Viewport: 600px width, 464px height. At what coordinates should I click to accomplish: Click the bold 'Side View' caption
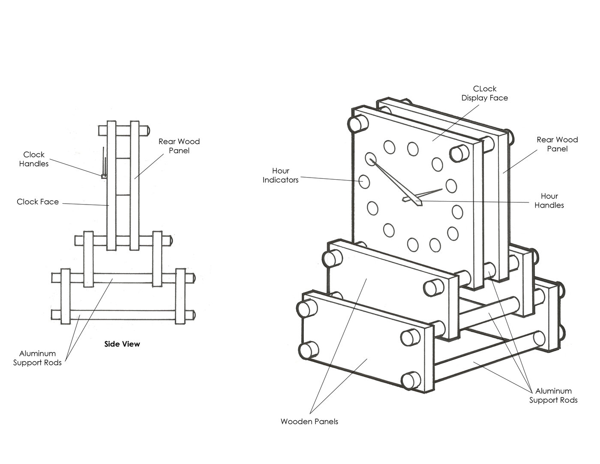122,344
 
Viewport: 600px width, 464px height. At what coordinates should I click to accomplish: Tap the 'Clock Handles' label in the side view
34,159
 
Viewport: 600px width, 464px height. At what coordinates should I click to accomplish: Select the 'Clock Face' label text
38,202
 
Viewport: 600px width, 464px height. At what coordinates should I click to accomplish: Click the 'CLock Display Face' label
485,93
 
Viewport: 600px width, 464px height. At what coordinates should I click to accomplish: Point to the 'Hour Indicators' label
281,175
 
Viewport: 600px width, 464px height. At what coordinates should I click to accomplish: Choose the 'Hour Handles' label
549,201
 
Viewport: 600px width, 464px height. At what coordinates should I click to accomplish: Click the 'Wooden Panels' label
309,422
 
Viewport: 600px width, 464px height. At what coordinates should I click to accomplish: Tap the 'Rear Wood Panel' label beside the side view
179,146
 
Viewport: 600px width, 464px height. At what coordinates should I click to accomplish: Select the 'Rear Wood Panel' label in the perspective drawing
557,144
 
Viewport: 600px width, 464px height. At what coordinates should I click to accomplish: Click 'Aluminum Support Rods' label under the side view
37,358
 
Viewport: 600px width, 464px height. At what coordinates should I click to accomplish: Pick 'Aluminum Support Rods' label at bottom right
553,395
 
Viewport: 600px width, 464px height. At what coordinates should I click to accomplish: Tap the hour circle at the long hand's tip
370,159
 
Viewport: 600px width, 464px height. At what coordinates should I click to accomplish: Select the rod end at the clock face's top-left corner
357,124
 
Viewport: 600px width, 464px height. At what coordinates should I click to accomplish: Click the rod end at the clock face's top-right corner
459,153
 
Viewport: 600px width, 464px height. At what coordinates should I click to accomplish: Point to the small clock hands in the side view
104,163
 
